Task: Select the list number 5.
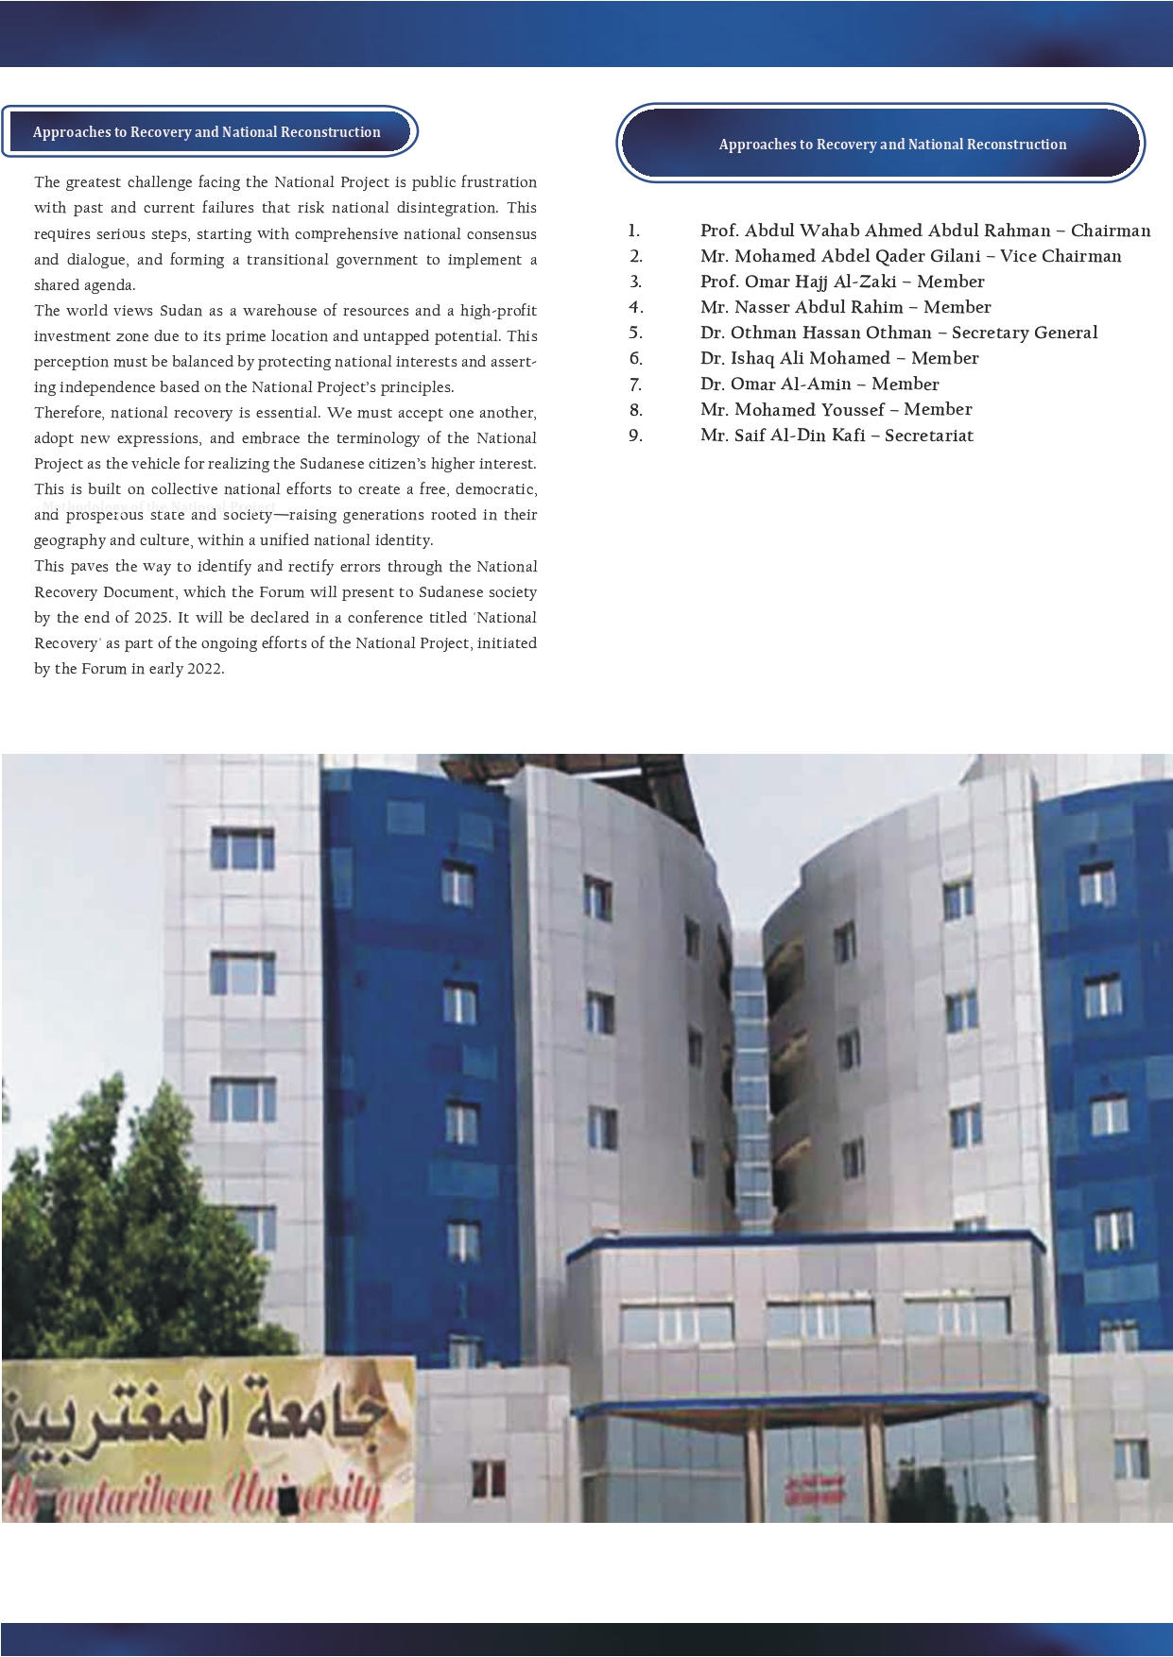(x=635, y=333)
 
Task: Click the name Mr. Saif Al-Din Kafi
(x=783, y=436)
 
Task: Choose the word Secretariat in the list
(x=928, y=436)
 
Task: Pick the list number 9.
(x=635, y=436)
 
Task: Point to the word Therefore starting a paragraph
(x=68, y=413)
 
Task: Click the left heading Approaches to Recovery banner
(x=207, y=132)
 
